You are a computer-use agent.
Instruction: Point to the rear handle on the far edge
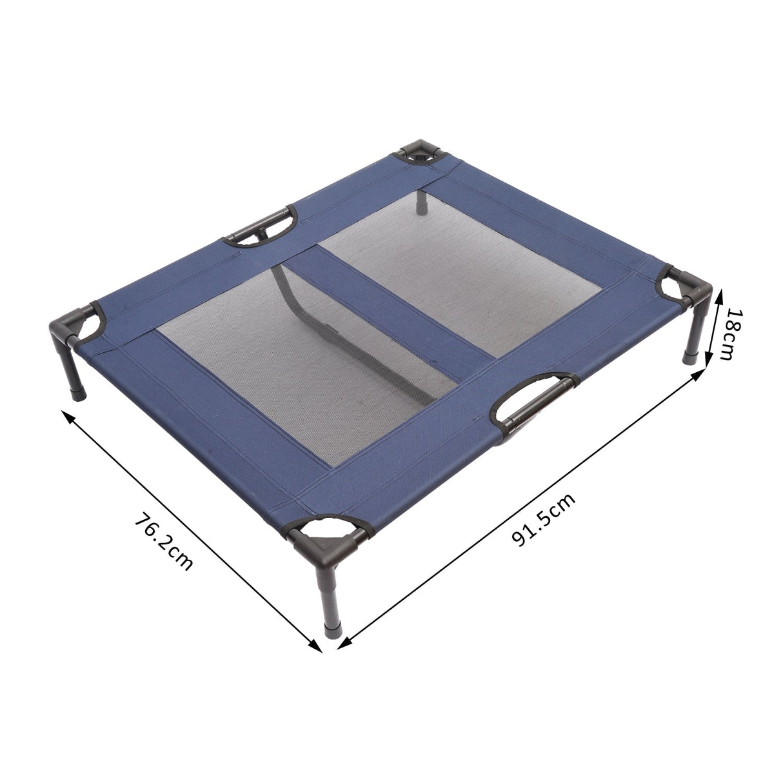(261, 226)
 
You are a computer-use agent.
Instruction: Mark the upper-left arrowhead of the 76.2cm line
(66, 415)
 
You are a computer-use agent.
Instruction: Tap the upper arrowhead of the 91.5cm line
(699, 375)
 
